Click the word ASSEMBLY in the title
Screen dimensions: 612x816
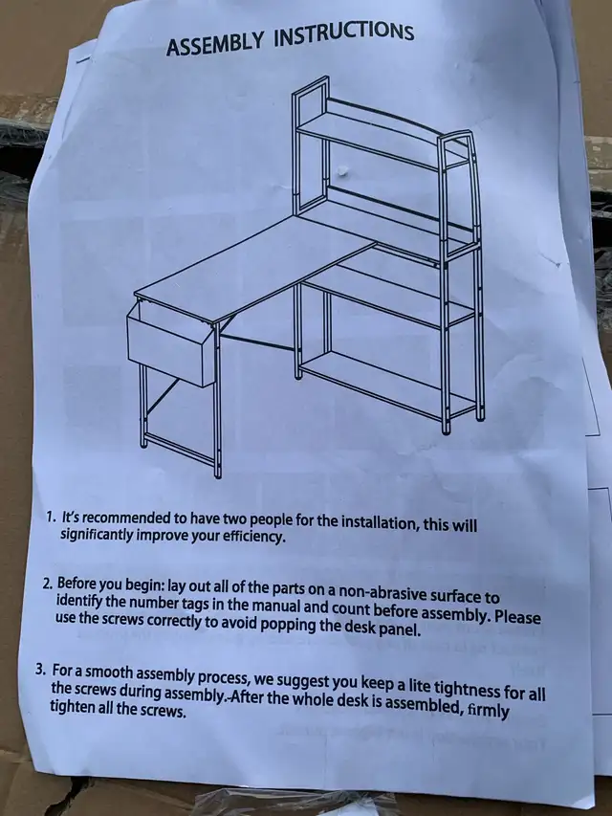214,44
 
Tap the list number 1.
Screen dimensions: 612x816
50,518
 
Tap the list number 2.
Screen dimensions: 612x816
48,583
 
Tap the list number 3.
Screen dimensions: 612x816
41,669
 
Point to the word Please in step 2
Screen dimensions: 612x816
517,617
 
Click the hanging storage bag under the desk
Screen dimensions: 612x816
171,341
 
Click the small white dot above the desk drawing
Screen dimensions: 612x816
343,170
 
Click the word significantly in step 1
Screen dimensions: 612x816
97,535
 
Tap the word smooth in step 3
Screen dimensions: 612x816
108,672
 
